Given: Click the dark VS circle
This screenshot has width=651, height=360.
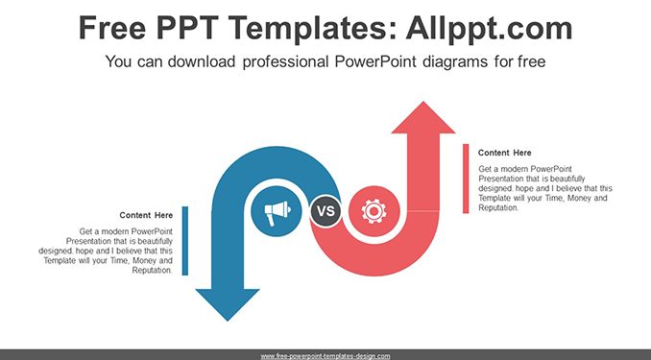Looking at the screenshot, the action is [325, 211].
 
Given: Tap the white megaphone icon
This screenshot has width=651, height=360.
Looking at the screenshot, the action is [277, 211].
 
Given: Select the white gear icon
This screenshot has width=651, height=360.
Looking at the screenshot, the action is [374, 211].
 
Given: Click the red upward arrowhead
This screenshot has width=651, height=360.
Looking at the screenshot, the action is [423, 117].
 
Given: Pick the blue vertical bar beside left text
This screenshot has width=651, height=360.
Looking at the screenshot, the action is [185, 241].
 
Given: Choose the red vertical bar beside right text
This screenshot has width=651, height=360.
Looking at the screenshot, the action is [466, 179].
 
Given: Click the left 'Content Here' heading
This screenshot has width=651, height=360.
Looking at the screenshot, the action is [146, 215].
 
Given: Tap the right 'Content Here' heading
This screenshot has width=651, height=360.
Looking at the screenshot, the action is [504, 153].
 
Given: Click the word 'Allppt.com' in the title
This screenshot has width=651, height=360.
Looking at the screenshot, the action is [489, 28].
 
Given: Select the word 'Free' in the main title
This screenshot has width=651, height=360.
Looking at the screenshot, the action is [112, 28].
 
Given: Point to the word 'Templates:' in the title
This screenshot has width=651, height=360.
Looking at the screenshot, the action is [311, 28].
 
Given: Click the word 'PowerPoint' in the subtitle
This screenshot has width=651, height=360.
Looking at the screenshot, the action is [375, 61].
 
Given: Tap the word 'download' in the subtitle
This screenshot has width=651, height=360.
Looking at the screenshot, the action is [202, 61].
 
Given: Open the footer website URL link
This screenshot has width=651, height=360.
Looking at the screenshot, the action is [325, 356].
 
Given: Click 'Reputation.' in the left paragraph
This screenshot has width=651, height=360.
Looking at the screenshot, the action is [152, 271].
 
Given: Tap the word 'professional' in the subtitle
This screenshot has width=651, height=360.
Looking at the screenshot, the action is [285, 62].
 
